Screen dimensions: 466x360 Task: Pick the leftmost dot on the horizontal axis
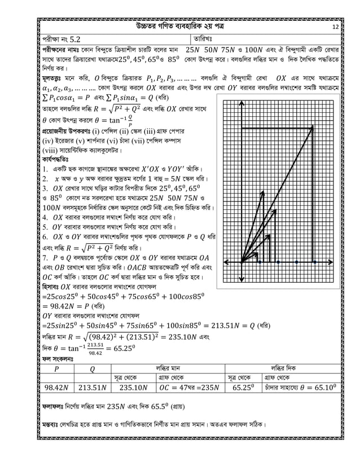[x=258, y=262]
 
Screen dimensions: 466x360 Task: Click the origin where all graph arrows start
[x=242, y=262]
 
